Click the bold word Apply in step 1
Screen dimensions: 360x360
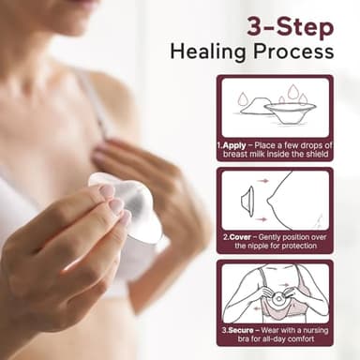click(x=235, y=145)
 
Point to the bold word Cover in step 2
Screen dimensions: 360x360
click(x=239, y=238)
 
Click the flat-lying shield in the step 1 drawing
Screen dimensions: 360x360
click(x=255, y=107)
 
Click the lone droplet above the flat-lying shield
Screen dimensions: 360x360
click(x=244, y=97)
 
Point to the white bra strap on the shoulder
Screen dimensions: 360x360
click(x=87, y=94)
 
